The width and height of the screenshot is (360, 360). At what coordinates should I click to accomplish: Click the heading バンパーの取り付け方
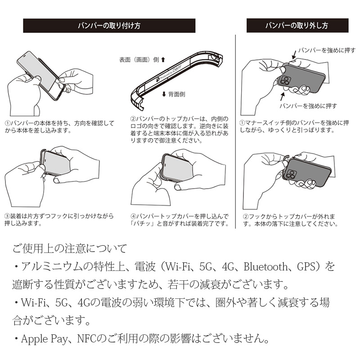[109, 26]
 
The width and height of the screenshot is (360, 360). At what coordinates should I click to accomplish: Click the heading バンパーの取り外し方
[297, 25]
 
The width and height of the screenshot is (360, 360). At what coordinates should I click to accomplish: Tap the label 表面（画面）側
[139, 59]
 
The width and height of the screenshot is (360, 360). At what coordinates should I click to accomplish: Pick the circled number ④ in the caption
[133, 216]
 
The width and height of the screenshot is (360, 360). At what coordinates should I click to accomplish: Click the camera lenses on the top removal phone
[285, 81]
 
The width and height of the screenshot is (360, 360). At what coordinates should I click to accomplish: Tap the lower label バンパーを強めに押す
[308, 106]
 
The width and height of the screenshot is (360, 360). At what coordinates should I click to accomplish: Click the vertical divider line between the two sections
[235, 130]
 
